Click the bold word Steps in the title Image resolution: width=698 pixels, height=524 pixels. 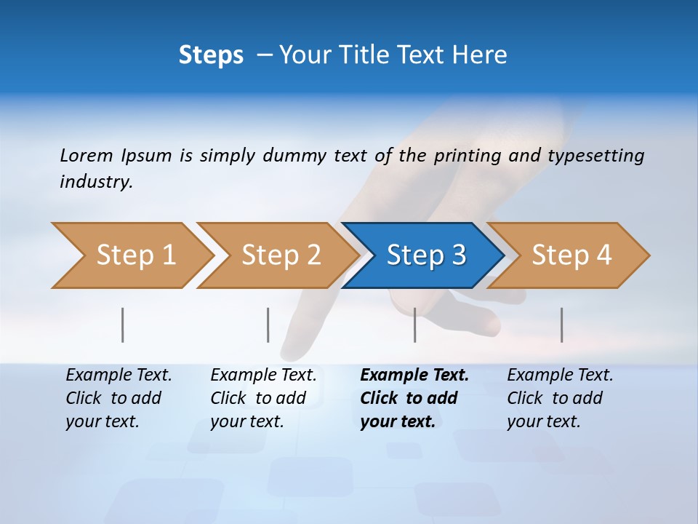pos(211,55)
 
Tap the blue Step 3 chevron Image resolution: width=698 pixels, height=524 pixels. pos(425,255)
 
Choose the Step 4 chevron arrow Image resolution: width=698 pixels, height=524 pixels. pos(571,255)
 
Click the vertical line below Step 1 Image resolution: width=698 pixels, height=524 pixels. pos(123,325)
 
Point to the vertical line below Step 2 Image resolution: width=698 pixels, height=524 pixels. pos(268,325)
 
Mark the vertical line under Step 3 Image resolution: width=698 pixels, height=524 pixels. pos(415,325)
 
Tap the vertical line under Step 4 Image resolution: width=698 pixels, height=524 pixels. pos(562,325)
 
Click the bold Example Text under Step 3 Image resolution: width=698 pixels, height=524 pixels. pos(414,376)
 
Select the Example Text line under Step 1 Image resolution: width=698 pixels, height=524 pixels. pos(119,376)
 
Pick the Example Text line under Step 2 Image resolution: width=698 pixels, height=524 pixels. pos(263,376)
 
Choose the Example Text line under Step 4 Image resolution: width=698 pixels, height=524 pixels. pos(560,376)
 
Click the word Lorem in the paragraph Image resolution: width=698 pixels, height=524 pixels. pos(87,156)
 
